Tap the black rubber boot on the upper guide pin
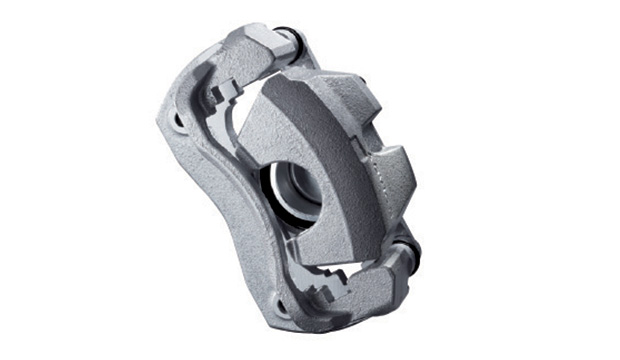(296, 41)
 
